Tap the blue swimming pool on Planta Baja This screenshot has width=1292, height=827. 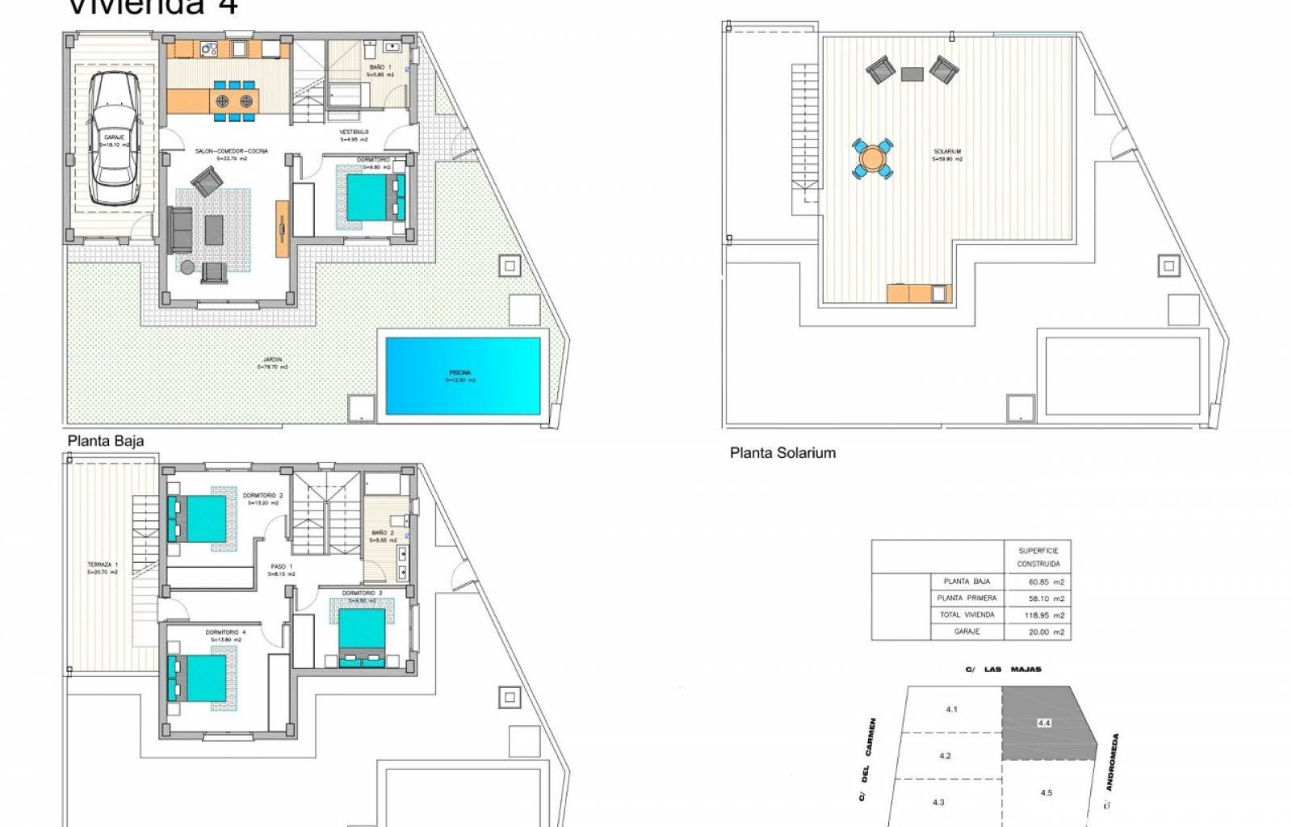[463, 376]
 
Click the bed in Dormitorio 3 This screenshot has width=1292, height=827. [362, 635]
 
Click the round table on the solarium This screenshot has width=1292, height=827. [872, 157]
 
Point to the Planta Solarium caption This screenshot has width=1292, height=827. [782, 453]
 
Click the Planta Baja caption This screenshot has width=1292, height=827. [106, 441]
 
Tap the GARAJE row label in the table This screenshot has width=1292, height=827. [967, 632]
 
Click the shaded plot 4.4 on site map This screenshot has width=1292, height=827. [1046, 723]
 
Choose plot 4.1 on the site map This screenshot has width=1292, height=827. [951, 709]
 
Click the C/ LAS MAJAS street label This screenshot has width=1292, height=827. [1003, 670]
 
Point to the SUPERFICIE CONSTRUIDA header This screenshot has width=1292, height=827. [1038, 557]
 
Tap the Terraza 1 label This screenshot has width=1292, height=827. [103, 568]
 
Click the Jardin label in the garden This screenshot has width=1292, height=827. [272, 363]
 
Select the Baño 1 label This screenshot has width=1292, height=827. [380, 70]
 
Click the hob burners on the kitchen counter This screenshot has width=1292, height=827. [210, 49]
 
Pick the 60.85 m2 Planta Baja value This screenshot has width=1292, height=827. [1046, 581]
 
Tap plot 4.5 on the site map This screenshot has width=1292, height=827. [1046, 792]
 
